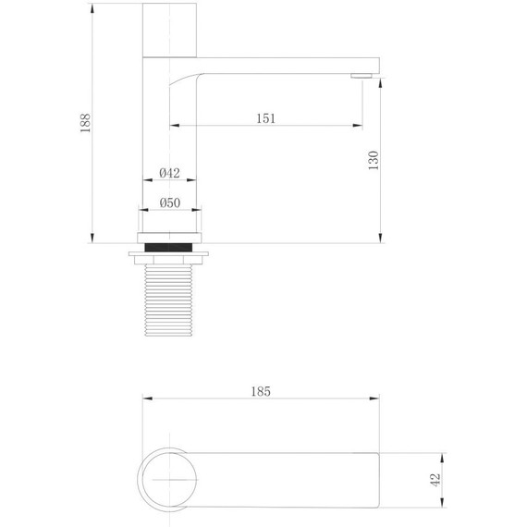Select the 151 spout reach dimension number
click(265, 117)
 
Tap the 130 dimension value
click(373, 160)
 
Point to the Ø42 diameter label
click(169, 172)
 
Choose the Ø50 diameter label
click(169, 202)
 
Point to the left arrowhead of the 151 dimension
click(173, 126)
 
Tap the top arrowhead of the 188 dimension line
click(95, 5)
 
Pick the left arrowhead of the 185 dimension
click(145, 399)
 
